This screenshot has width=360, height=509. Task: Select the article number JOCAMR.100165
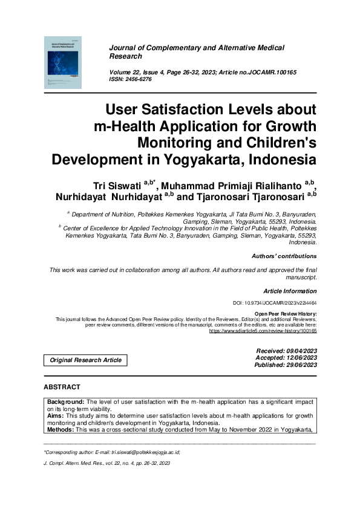(x=269, y=72)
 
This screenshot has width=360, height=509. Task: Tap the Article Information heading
(x=290, y=291)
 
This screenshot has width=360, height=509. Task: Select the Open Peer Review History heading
(x=286, y=314)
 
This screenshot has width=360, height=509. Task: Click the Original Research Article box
(x=85, y=360)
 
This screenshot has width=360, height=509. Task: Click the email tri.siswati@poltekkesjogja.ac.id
(x=142, y=452)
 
